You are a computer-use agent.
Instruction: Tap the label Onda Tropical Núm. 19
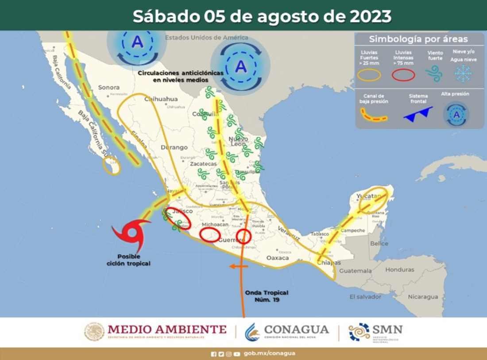tap(267, 296)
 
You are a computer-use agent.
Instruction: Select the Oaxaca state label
tap(278, 258)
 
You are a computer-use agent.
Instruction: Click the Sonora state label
tap(109, 87)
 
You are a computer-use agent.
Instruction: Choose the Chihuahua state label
tap(161, 99)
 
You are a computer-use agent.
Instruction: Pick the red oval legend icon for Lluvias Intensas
tap(403, 75)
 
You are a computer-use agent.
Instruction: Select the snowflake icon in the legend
tap(463, 74)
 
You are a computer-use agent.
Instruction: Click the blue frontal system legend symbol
tap(418, 114)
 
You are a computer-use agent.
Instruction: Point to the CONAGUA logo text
tap(296, 330)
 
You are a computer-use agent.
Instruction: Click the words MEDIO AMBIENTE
tap(167, 329)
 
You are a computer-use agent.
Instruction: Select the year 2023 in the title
tap(370, 16)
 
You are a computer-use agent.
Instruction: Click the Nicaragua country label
tap(423, 296)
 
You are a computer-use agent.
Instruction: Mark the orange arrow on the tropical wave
tap(239, 266)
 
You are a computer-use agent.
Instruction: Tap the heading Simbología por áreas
tap(418, 39)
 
